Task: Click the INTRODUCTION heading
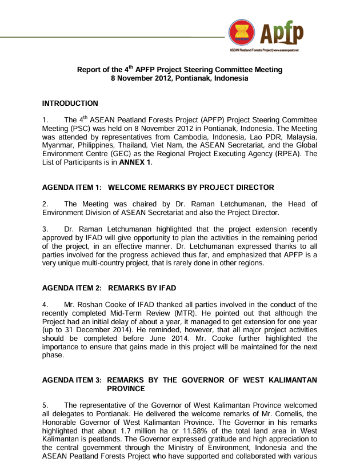pyautogui.click(x=70, y=103)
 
